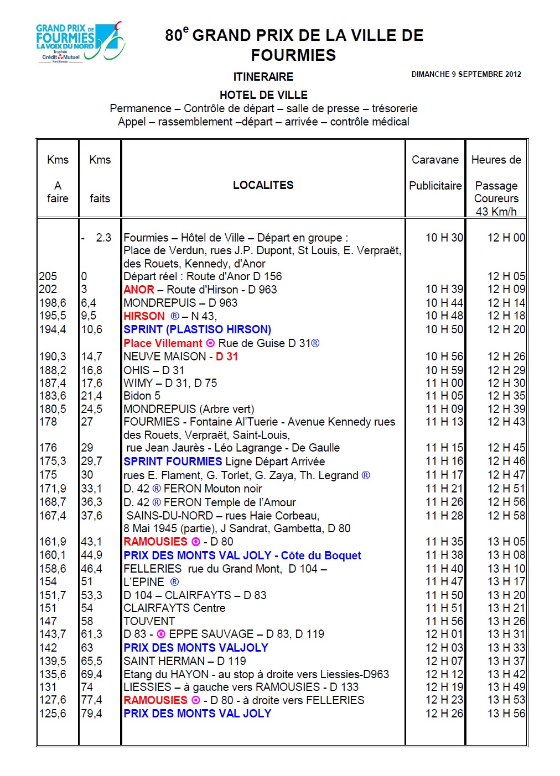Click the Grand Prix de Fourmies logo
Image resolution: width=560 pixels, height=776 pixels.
80,42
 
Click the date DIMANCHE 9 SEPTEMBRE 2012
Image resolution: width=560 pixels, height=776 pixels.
466,74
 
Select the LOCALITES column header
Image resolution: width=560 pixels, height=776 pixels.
263,185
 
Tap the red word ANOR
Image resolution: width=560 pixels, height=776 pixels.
139,290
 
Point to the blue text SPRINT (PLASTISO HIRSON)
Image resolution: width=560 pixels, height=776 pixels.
197,329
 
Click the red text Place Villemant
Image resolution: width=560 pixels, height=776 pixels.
163,343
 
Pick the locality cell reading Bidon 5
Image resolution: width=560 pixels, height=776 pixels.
142,396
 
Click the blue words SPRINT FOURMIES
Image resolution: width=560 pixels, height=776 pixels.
173,462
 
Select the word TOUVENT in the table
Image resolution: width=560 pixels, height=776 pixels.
149,621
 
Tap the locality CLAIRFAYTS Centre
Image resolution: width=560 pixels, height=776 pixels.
174,608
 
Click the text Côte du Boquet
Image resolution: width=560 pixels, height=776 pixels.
321,555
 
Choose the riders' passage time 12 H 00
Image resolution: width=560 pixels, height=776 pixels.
506,238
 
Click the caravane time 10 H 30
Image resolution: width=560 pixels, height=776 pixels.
444,238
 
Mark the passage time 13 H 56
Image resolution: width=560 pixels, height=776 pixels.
506,714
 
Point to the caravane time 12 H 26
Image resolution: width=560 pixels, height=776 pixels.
444,714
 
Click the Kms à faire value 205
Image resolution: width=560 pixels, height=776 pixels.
48,276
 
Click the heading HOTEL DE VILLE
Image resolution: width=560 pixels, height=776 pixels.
263,95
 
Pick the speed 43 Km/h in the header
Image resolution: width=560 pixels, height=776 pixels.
496,212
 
